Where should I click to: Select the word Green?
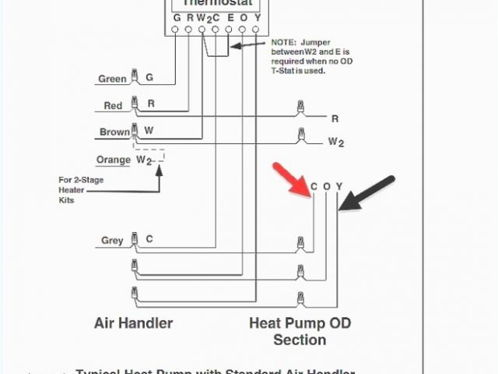[x=112, y=79]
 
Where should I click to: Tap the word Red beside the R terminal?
[x=114, y=105]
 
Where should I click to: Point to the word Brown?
[x=114, y=132]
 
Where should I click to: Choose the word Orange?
[x=113, y=160]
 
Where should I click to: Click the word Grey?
[x=112, y=240]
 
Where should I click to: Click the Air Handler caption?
[x=134, y=323]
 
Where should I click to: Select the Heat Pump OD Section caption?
[x=300, y=331]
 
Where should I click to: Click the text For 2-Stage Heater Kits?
[x=80, y=189]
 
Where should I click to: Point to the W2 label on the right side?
[x=335, y=142]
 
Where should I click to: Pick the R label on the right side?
[x=335, y=119]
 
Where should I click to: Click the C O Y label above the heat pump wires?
[x=326, y=186]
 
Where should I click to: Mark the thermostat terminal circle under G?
[x=176, y=30]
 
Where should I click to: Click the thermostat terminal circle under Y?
[x=256, y=30]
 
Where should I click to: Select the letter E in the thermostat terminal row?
[x=229, y=17]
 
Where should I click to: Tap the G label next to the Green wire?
[x=149, y=78]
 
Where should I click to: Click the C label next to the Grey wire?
[x=149, y=239]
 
